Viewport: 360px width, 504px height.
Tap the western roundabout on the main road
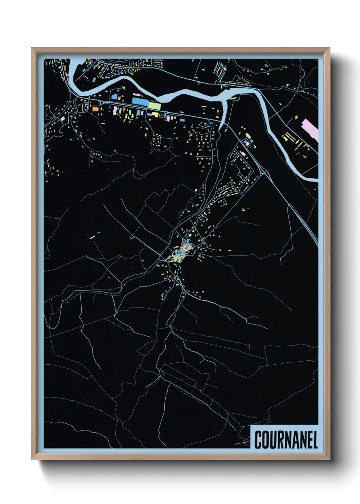point(101,102)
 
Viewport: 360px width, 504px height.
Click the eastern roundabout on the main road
point(166,112)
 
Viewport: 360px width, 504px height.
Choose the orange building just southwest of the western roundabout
point(96,109)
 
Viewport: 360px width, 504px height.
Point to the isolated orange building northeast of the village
point(244,210)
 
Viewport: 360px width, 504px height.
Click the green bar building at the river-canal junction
point(233,98)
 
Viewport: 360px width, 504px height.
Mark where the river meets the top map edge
point(75,61)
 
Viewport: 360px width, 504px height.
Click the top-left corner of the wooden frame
point(32,48)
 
